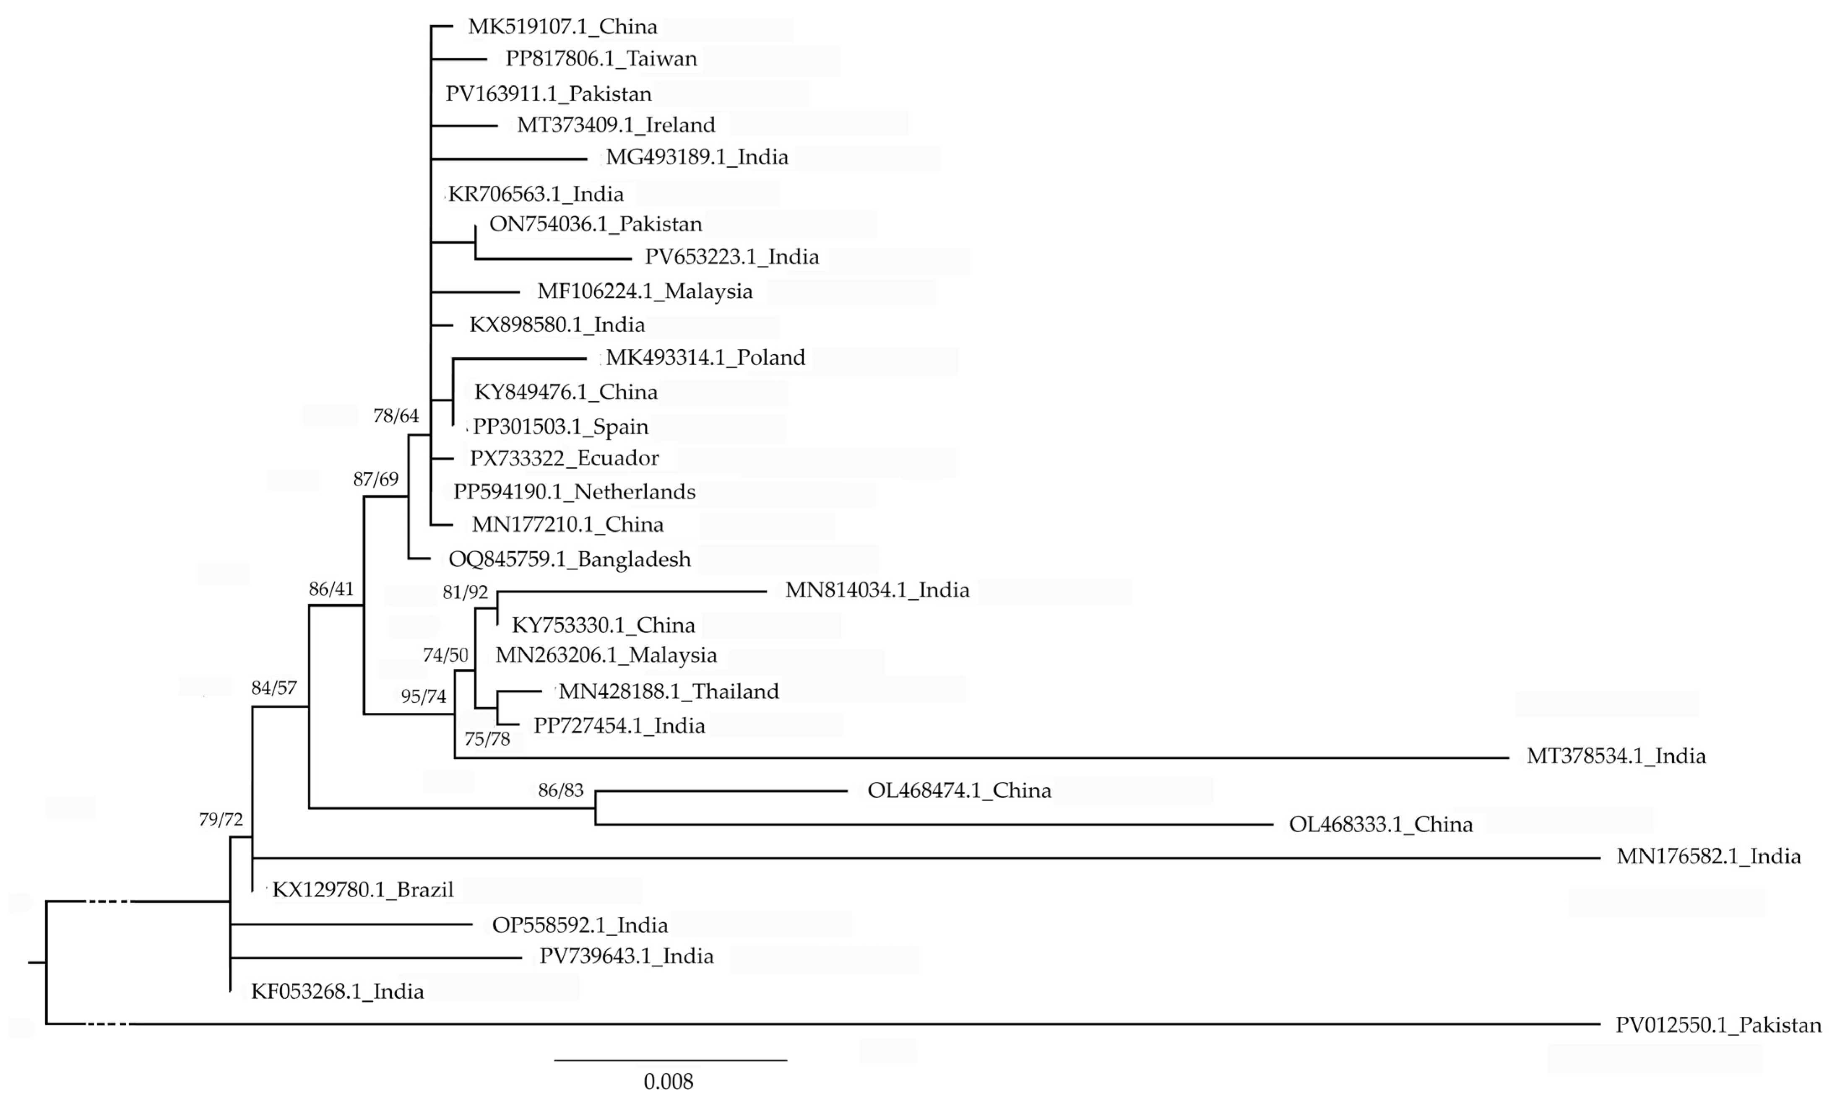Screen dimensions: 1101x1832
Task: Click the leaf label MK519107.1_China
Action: (x=562, y=27)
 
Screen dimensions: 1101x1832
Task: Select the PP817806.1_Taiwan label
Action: (x=601, y=59)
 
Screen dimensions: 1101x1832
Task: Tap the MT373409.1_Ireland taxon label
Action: (x=616, y=125)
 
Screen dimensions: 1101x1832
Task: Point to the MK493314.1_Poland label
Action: (x=705, y=358)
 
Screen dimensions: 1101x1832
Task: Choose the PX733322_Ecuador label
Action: (x=564, y=458)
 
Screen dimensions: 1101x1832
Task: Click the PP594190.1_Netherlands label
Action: (x=574, y=492)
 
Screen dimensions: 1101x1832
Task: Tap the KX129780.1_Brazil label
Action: (x=363, y=890)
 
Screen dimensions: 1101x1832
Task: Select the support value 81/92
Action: (x=465, y=592)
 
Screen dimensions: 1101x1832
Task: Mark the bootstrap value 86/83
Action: (x=561, y=790)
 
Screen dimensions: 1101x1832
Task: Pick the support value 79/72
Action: (x=220, y=819)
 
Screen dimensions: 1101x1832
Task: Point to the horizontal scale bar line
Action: (x=670, y=1060)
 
